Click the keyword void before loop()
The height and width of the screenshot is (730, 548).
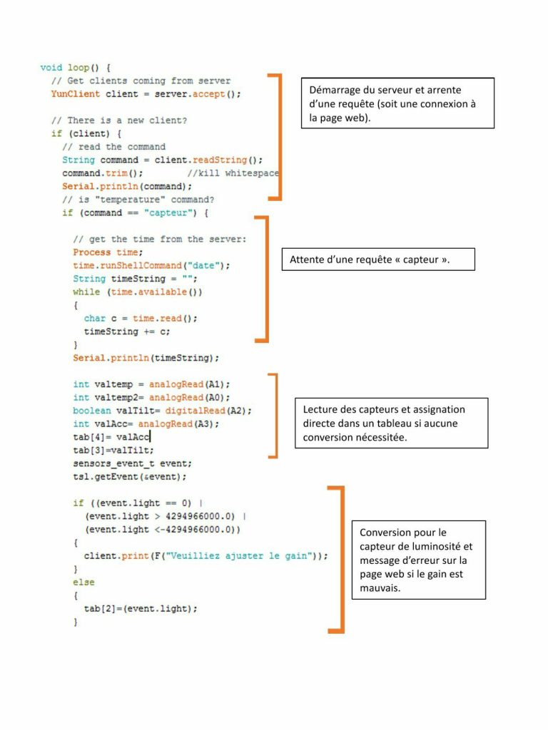(51, 68)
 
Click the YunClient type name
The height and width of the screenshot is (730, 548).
(76, 94)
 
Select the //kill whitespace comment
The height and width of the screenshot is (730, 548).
(233, 173)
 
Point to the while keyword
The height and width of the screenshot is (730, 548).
(86, 292)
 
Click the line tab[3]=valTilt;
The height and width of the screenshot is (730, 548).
(113, 451)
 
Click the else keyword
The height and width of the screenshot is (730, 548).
(84, 582)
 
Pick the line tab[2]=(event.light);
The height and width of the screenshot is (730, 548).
(141, 609)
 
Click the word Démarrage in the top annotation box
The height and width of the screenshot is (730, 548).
(335, 91)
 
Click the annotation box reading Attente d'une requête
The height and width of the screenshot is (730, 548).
(378, 259)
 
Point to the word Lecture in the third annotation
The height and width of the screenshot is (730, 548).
(320, 410)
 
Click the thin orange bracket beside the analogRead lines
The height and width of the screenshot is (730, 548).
(276, 416)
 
